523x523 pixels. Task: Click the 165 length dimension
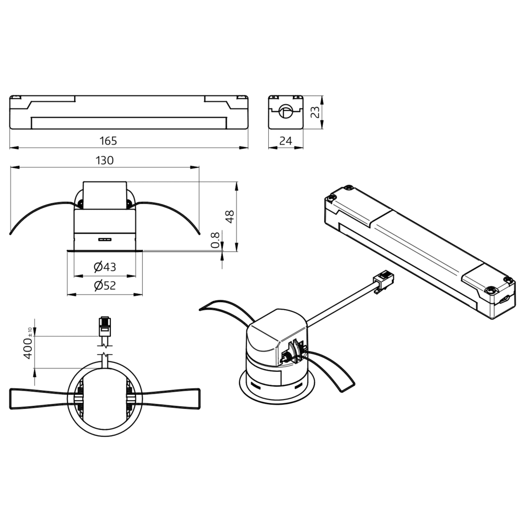108,141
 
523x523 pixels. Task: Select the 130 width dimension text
105,161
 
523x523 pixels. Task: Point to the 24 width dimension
286,141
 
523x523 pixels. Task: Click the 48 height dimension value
230,217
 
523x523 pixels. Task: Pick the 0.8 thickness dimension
215,240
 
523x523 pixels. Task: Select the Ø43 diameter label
105,267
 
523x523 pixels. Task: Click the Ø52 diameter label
105,286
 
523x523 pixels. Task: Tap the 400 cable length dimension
28,348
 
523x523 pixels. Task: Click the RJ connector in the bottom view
105,326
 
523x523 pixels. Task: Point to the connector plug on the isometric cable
383,280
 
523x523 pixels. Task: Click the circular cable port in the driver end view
286,111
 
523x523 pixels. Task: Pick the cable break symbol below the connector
105,349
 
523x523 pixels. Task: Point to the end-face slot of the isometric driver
505,299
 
